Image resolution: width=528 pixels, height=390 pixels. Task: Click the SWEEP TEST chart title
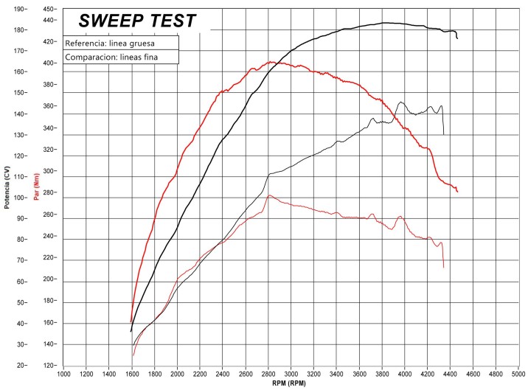137,21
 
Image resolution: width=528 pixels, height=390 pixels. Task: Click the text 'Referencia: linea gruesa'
109,42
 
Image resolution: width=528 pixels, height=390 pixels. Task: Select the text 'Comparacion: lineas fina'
111,57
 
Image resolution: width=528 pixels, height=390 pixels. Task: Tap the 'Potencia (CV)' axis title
7,187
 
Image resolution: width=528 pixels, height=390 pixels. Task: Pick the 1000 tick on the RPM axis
63,375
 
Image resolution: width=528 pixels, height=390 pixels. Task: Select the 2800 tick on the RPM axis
268,375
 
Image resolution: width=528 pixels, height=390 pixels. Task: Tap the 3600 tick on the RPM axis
359,375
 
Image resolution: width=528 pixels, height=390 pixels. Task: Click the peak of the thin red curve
269,195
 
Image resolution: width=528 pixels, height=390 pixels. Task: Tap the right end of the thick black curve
457,38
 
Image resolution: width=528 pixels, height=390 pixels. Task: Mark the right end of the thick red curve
457,192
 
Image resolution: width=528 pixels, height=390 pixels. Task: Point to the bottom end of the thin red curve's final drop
443,267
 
